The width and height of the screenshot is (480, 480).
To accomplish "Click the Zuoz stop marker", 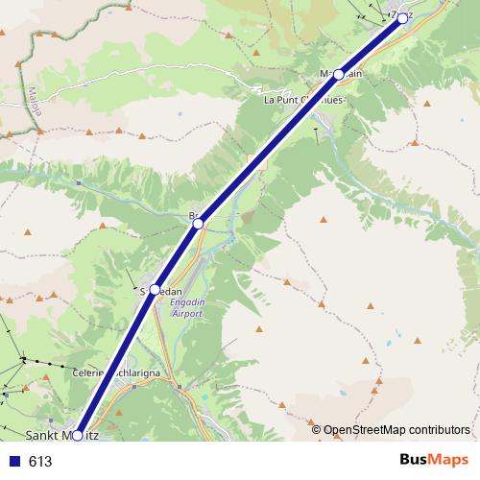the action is [402, 17].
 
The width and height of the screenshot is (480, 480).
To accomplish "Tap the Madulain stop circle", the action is [339, 74].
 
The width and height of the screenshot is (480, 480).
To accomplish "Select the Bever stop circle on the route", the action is [198, 224].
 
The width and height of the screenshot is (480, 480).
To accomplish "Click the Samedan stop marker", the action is [155, 288].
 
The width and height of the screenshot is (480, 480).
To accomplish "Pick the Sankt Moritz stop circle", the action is [78, 435].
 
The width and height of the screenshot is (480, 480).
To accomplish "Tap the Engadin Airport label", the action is [186, 307].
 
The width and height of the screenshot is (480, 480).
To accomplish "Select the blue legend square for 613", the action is [13, 461].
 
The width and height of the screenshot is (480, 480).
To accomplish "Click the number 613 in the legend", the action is [40, 461].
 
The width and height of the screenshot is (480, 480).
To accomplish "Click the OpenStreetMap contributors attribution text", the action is [396, 430].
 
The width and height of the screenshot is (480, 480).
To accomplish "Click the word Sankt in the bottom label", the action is [42, 436].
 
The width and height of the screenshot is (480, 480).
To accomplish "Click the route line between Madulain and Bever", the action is [269, 149].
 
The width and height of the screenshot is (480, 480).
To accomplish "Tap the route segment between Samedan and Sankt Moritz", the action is [116, 361].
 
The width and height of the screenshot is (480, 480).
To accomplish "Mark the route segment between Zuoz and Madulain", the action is [371, 45].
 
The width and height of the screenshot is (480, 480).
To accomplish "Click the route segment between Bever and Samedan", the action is [177, 255].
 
